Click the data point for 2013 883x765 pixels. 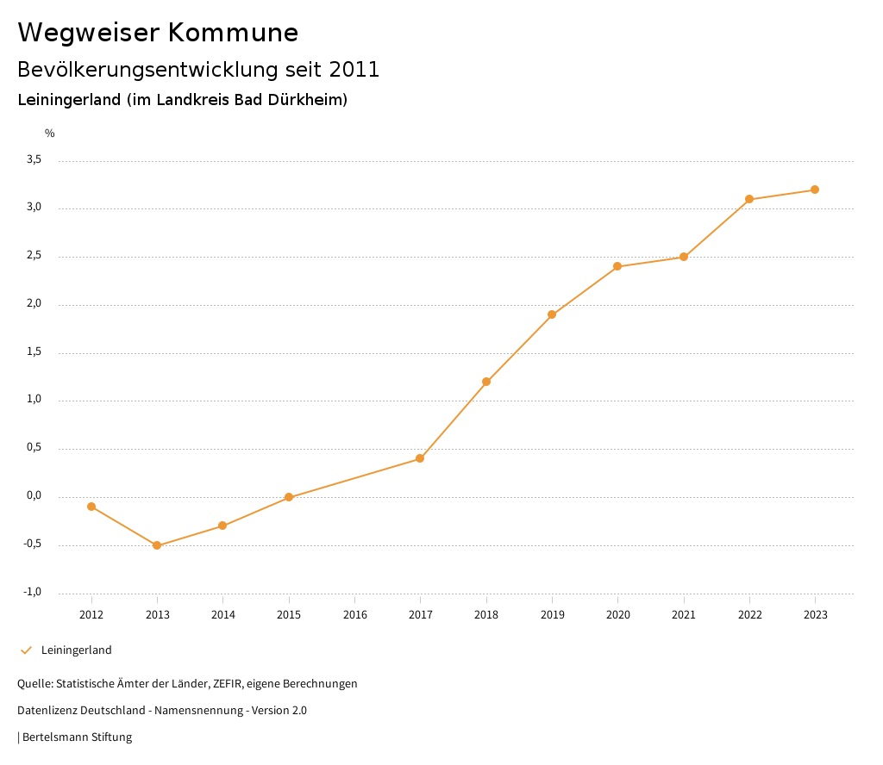coord(157,545)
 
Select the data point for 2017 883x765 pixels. coord(420,458)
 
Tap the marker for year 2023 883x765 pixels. coord(815,190)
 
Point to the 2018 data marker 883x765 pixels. coord(486,382)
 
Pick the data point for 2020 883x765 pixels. coord(617,266)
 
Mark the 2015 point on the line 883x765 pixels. coord(289,497)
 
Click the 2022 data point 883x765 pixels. coord(749,199)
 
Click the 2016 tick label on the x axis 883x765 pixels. coord(354,615)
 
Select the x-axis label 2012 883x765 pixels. coord(91,615)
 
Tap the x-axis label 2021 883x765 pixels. coord(684,615)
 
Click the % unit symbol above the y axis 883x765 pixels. coord(50,134)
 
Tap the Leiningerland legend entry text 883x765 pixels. coord(77,650)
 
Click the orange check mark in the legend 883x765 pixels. coord(26,650)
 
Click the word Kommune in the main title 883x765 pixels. coord(233,33)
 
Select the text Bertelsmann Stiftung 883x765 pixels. coord(77,737)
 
